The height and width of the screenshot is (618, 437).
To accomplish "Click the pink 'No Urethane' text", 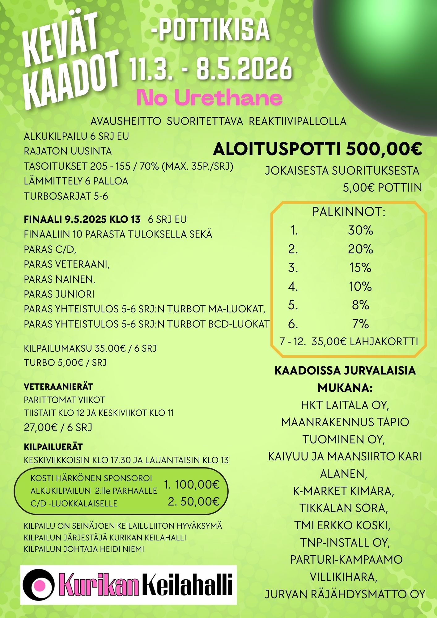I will [209, 98].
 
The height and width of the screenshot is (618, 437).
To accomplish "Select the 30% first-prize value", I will [360, 230].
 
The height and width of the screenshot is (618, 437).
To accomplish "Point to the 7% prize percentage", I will [360, 324].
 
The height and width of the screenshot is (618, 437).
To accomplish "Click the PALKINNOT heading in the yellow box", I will [349, 212].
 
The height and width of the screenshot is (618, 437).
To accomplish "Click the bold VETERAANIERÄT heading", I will [58, 386].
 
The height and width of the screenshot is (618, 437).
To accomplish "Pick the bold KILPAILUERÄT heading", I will [53, 447].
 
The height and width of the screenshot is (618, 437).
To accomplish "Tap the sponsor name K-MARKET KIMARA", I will [344, 491].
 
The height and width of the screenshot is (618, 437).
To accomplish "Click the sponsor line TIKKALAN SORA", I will [343, 508].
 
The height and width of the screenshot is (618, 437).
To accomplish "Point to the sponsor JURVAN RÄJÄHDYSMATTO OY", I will [345, 594].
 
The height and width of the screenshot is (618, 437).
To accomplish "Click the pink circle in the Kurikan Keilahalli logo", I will [40, 585].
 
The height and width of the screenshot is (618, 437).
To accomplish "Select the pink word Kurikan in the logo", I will [99, 585].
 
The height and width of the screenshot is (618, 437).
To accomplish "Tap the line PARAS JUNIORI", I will [59, 294].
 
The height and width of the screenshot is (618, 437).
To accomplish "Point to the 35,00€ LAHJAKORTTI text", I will [365, 341].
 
